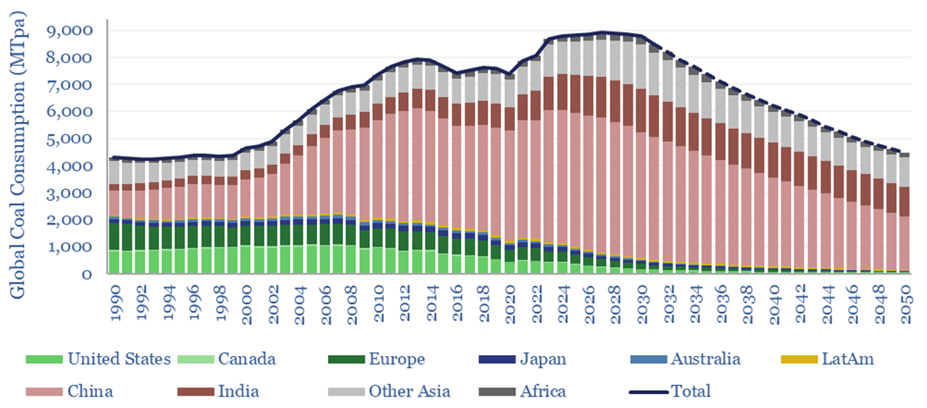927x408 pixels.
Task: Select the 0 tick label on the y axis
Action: [x=89, y=274]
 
